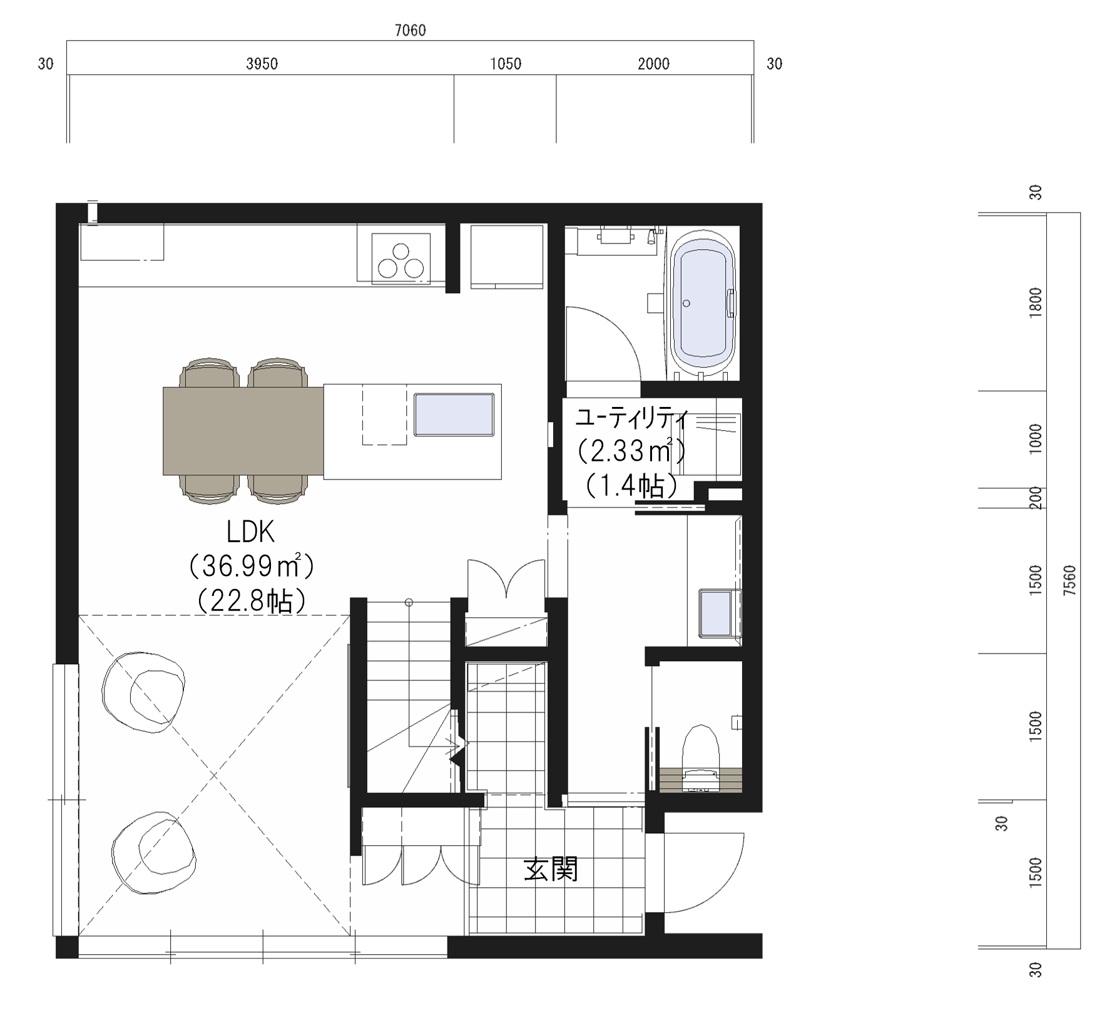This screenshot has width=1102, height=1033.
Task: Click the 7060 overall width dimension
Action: tap(411, 30)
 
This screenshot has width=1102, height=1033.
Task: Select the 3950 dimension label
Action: tap(262, 63)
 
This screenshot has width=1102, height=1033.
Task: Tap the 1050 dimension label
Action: tap(506, 63)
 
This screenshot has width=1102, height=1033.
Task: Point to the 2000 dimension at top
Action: tap(654, 63)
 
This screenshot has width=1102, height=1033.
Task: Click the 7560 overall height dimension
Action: tap(1070, 580)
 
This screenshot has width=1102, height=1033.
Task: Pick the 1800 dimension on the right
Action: tap(1036, 303)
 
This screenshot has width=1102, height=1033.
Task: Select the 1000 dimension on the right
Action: tap(1036, 439)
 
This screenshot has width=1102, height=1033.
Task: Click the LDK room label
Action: tap(250, 533)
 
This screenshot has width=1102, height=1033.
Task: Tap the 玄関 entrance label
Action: tap(551, 869)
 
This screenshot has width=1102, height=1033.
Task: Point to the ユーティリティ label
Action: tap(631, 418)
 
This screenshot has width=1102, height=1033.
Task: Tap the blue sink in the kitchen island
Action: tap(454, 414)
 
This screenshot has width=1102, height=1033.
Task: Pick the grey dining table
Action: tap(243, 431)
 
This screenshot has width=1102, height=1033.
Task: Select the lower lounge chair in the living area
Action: tap(154, 853)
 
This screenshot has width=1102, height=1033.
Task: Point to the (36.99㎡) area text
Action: tap(250, 567)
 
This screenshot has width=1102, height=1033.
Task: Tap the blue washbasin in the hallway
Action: tap(717, 614)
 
